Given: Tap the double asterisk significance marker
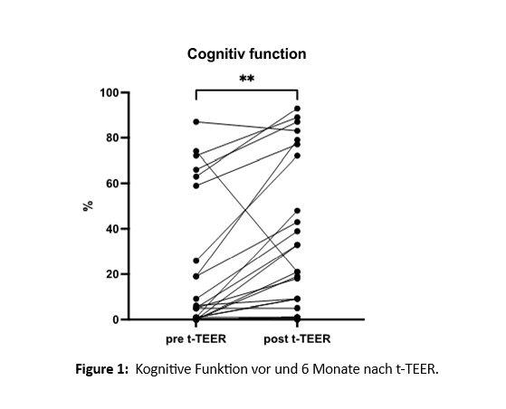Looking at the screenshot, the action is point(246,79).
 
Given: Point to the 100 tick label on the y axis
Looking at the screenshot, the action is point(110,93).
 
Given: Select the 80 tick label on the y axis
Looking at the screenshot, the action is point(113,138).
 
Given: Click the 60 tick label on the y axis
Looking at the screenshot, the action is point(113,184).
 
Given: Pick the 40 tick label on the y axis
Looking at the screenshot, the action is point(113,229).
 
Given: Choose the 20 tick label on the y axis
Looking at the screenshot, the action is point(113,274).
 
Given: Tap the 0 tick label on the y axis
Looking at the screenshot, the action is point(116,319).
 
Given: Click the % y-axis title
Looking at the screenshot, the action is point(88,205).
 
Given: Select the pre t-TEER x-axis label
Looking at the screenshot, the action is point(196,339).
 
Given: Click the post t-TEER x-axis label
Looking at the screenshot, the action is point(297,339).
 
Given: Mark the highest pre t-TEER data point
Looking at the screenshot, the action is point(196,121).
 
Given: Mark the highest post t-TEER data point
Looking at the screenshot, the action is point(297,109).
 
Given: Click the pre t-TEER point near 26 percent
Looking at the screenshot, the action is point(196,261).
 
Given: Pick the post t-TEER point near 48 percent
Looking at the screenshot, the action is point(297,211).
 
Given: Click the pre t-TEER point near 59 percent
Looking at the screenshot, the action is point(196,185).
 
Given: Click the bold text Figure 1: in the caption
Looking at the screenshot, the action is point(102,368).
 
